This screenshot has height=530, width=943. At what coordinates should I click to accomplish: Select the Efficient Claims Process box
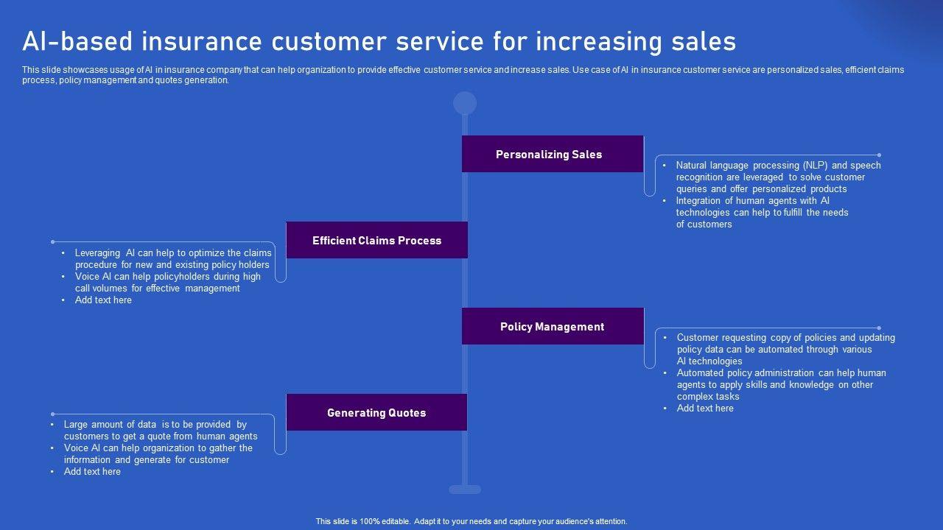pos(376,241)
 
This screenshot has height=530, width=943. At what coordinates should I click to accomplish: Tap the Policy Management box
pos(553,327)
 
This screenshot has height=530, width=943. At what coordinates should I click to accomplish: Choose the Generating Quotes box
pos(376,413)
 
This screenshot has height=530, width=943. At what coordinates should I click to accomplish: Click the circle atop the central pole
pos(465,103)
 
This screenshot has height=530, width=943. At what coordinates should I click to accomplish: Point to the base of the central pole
pos(465,490)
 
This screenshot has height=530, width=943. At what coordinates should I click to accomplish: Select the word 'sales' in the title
pos(704,42)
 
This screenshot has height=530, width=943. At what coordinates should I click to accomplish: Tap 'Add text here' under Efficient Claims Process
pos(103,300)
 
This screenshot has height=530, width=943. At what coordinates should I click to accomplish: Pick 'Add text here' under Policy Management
pos(705,409)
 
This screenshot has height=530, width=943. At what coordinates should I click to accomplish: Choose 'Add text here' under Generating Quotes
pos(92,472)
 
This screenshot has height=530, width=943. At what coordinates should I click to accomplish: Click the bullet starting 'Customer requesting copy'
pos(785,350)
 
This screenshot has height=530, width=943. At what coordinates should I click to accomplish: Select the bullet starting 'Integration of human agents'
pos(762,213)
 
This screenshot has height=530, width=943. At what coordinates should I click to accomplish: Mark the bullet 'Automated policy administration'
pos(781,385)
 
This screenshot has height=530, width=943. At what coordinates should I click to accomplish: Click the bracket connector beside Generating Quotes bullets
pos(280,434)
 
